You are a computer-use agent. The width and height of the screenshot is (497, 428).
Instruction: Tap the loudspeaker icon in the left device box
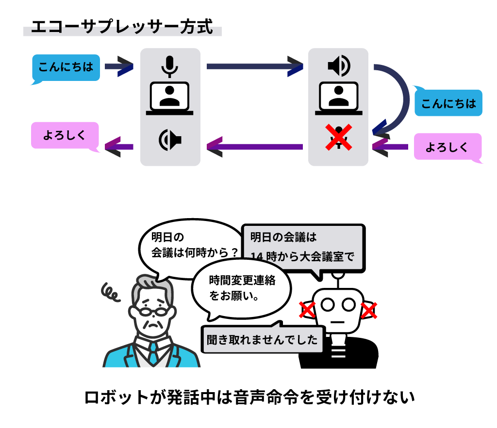pos(170,140)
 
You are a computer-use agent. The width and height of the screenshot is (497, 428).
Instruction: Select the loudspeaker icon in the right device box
pos(339,66)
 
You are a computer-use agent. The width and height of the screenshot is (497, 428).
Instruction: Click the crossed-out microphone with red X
pos(338,137)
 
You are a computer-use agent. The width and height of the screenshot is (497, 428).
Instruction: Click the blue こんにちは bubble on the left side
pos(66,67)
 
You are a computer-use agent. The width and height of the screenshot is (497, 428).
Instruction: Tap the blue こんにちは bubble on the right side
pos(448,103)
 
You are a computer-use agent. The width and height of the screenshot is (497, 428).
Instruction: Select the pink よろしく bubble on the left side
pos(65,135)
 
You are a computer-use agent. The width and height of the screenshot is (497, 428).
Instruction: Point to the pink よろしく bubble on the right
pos(447,146)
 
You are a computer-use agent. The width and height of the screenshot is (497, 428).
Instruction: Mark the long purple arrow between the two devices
pos(254,146)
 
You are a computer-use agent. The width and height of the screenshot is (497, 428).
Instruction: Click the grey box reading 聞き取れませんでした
pos(263,340)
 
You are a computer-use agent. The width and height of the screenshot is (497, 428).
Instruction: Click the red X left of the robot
pos(307,310)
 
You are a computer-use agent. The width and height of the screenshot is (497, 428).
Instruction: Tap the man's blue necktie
pos(153,352)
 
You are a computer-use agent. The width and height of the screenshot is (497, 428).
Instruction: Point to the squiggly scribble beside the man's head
pos(111,292)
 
